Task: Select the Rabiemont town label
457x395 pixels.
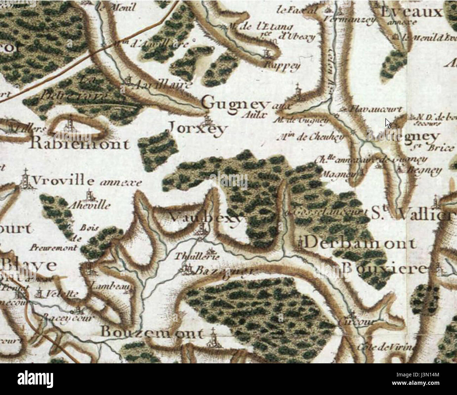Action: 80,144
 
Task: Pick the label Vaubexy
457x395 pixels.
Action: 206,218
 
